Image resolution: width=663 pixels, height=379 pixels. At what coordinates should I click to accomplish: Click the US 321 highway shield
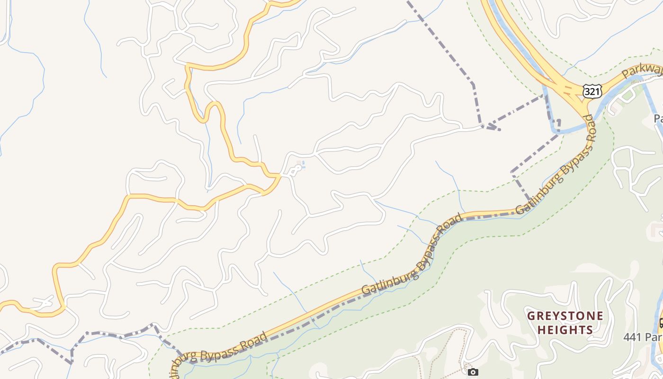coord(592,91)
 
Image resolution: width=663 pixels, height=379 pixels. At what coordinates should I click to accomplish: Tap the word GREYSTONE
coord(565,316)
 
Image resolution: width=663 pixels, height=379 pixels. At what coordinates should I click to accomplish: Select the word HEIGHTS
coord(565,330)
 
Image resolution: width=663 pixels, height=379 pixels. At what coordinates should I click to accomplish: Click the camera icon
coord(473,372)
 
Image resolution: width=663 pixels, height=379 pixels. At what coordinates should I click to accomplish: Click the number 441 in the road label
coord(632,337)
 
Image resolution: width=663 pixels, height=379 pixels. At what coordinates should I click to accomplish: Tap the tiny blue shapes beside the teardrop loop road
coord(300,165)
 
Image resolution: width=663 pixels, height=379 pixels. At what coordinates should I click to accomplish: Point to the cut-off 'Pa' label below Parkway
coord(658,118)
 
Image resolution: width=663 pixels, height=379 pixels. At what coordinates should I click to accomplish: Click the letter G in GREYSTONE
coord(531,316)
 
